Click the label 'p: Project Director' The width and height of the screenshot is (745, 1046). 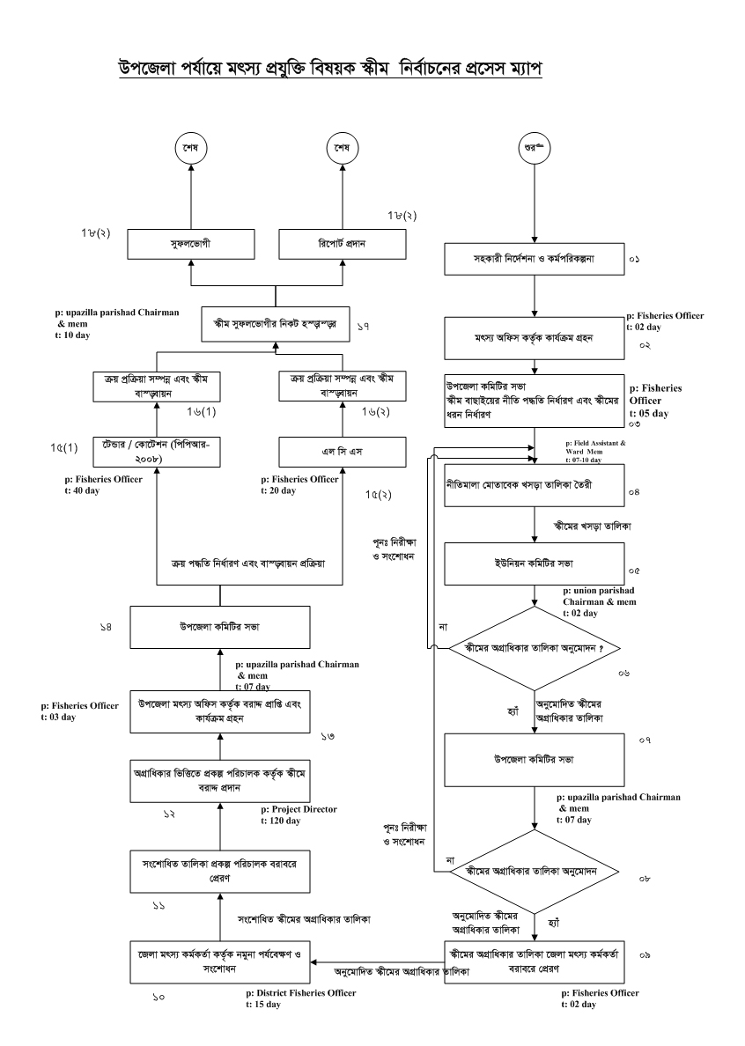tap(300, 808)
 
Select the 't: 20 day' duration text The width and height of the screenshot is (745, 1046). tap(281, 490)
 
